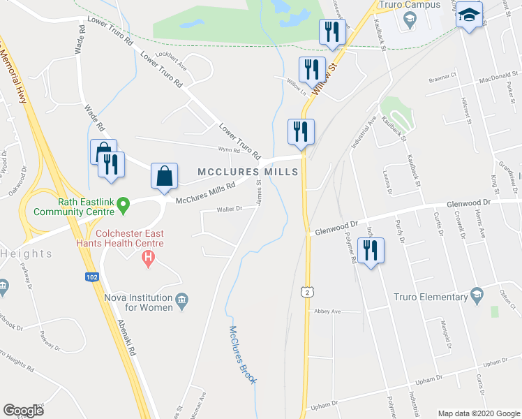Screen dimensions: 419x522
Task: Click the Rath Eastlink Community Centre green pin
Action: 123,205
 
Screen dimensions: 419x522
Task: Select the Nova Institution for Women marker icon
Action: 182,300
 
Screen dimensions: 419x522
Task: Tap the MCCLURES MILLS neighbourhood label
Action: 248,172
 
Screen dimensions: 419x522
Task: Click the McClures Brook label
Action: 243,355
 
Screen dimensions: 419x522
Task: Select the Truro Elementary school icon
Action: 477,293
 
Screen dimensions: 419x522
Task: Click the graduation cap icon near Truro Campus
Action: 470,15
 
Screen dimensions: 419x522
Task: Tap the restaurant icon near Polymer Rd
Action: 370,250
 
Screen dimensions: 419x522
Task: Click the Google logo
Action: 24,410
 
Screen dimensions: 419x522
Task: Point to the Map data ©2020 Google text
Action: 478,413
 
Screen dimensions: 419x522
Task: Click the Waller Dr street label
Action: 228,209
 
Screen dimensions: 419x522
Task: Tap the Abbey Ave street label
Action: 327,311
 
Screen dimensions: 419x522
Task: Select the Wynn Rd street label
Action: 228,149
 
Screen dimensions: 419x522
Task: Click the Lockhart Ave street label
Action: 172,61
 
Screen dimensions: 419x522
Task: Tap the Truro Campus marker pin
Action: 410,17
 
